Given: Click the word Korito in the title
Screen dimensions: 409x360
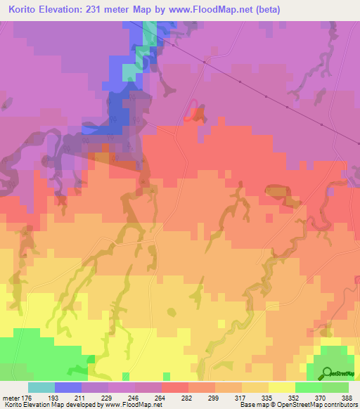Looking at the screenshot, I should tap(26, 9).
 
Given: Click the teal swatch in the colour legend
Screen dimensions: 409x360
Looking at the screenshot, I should tap(41, 387).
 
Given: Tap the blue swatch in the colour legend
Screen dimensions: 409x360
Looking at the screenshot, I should tap(68, 387).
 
